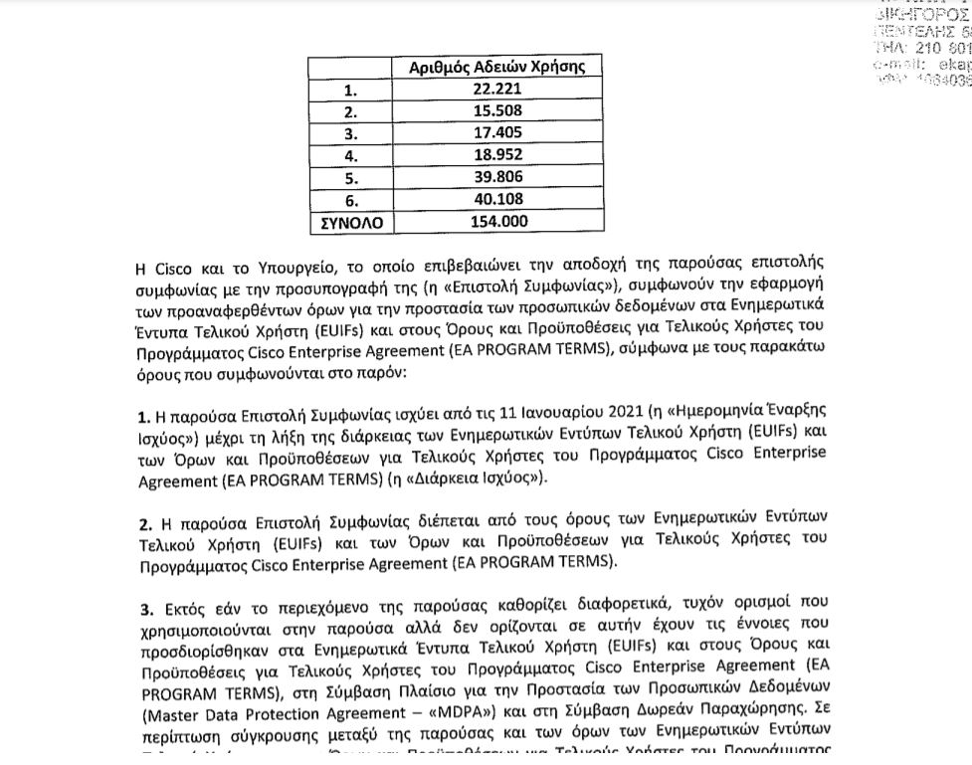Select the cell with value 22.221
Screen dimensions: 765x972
point(497,90)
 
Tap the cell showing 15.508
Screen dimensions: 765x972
point(497,111)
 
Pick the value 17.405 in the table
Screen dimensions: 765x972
point(497,133)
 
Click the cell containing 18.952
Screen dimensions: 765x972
point(497,155)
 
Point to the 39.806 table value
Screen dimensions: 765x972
point(497,178)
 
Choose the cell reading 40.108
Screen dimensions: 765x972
point(497,200)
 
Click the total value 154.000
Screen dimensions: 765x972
point(497,222)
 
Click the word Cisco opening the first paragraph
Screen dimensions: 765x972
point(176,269)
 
